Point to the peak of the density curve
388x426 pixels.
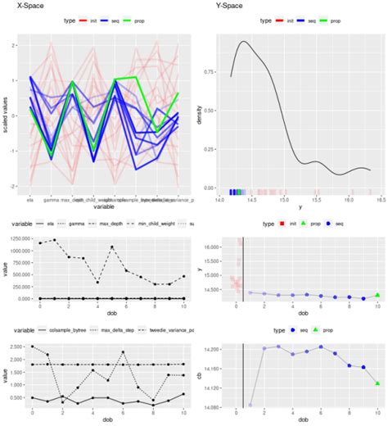(242, 42)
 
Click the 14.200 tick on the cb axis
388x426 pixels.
(214, 349)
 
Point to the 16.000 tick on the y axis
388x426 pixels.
(214, 247)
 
